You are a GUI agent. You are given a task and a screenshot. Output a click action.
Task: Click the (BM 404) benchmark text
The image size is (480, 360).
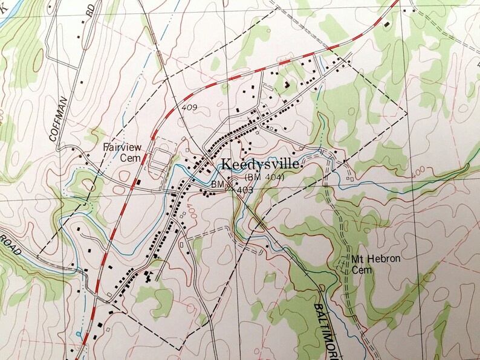tap(265, 176)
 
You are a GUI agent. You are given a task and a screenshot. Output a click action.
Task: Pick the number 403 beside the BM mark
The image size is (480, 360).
tap(244, 189)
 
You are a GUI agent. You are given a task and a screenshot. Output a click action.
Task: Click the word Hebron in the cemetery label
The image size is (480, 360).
tap(383, 259)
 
